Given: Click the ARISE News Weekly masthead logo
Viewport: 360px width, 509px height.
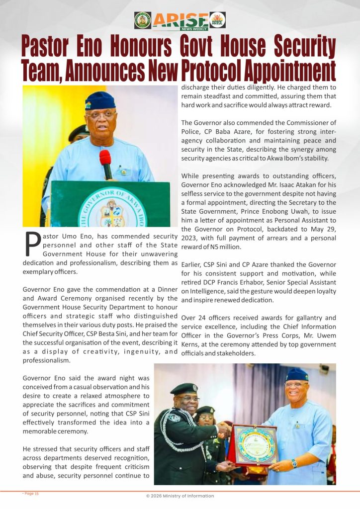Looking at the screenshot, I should pos(180,20).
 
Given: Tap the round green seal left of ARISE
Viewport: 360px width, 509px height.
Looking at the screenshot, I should pos(143,20).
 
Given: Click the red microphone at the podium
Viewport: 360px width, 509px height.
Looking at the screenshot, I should pos(105,164).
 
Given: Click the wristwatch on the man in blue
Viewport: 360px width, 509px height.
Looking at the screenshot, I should pos(294,463).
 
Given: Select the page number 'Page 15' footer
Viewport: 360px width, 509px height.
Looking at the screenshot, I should pos(30,494).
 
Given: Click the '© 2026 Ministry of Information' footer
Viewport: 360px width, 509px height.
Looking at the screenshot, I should pos(180,496).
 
